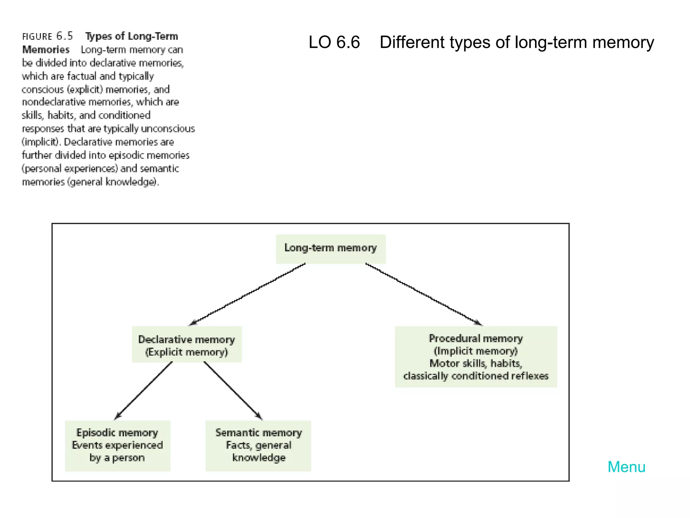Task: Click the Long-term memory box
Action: click(331, 249)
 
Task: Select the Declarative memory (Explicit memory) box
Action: click(187, 344)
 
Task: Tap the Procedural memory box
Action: click(476, 356)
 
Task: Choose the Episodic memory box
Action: click(118, 445)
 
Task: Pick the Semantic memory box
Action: click(258, 445)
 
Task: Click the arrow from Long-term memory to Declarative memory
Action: click(248, 294)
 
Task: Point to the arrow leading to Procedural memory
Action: click(424, 294)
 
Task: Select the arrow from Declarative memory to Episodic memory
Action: click(144, 391)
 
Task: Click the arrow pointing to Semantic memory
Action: click(233, 391)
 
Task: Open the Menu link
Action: click(626, 467)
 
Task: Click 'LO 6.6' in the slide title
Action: click(334, 42)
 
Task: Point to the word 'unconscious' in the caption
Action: click(168, 128)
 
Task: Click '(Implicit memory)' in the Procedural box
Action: click(476, 351)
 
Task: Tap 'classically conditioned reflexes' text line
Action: click(476, 376)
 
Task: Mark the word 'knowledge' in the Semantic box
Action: click(259, 458)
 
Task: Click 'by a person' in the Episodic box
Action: click(117, 458)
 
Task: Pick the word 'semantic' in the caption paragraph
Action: click(159, 168)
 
